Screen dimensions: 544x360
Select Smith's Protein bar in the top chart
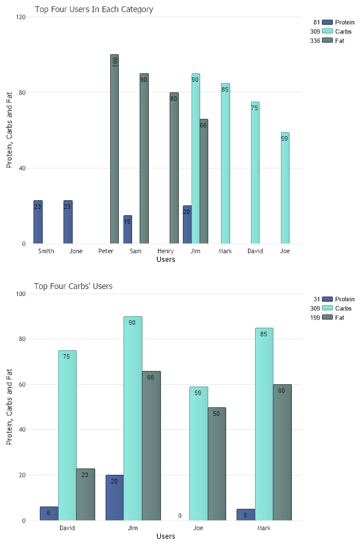point(38,222)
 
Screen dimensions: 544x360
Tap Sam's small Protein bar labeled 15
point(127,230)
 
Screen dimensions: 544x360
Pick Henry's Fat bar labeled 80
point(174,168)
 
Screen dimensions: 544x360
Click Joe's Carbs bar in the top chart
point(285,188)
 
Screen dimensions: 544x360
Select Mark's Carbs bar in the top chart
point(226,163)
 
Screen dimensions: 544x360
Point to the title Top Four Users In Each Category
point(94,9)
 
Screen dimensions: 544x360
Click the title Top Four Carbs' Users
point(73,286)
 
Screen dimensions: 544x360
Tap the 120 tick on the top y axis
point(21,17)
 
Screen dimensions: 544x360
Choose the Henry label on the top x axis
point(166,252)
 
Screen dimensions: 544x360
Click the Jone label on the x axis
point(76,252)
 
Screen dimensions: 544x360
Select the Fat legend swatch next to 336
point(328,40)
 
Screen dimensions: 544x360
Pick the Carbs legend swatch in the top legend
point(328,31)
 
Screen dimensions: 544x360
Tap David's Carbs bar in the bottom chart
point(67,436)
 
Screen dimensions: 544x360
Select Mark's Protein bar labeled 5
point(245,515)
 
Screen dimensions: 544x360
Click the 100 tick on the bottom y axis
point(21,294)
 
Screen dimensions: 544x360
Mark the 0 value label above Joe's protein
point(179,516)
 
